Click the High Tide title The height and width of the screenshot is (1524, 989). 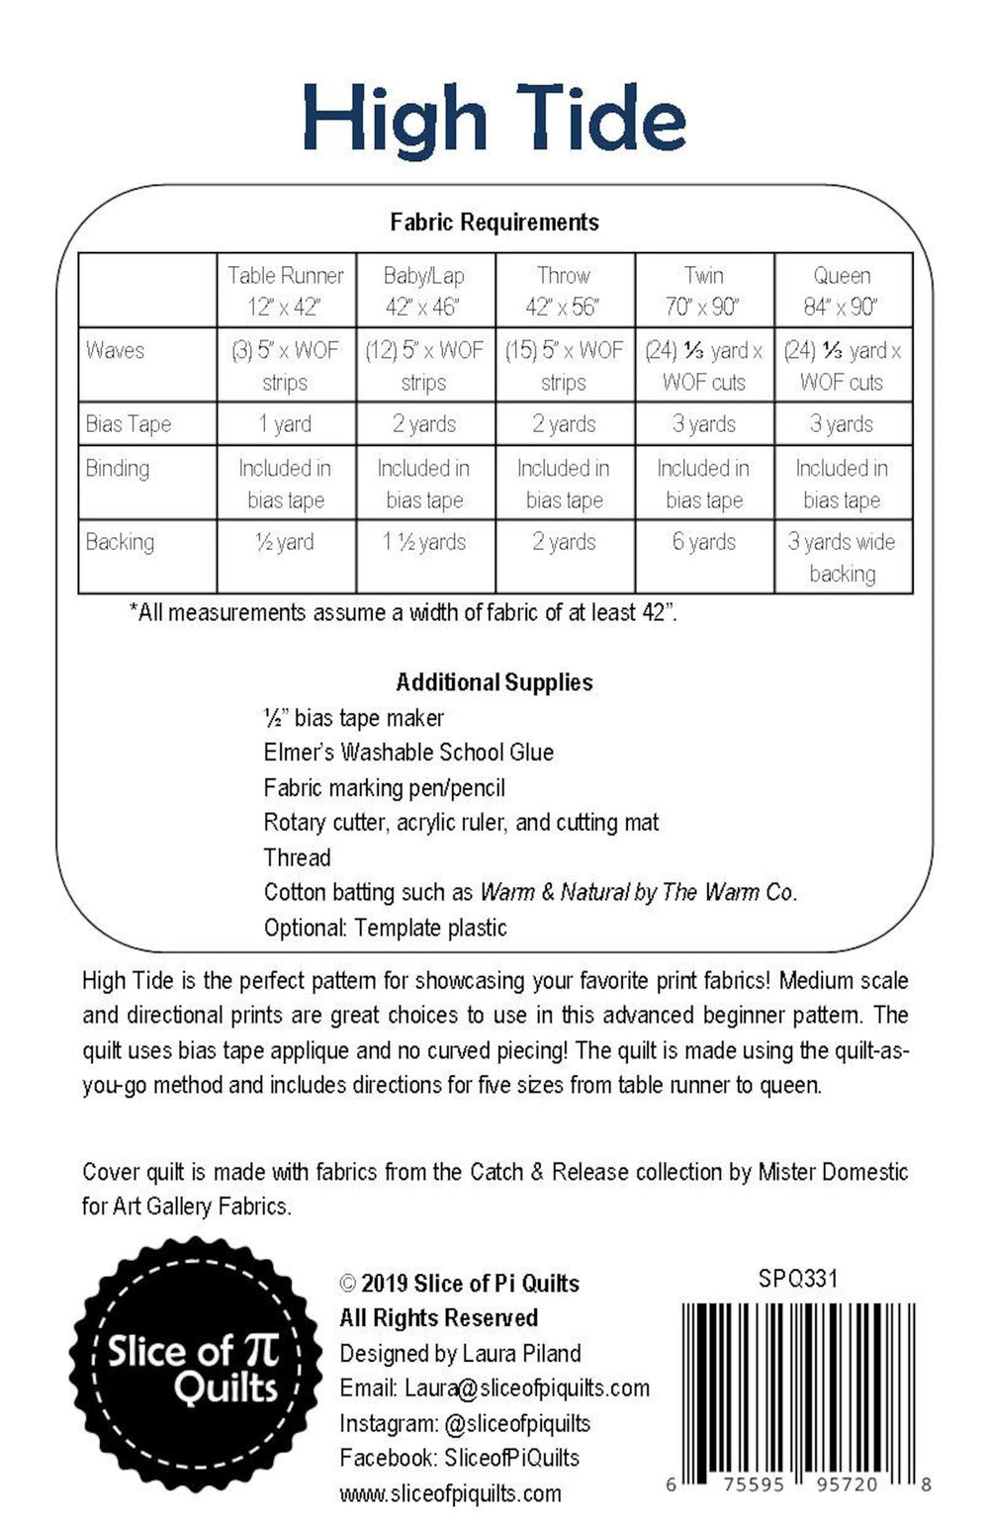[x=494, y=119]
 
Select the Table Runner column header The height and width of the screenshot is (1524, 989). [x=286, y=291]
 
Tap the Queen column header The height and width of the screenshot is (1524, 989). [x=842, y=291]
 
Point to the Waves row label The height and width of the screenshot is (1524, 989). [x=116, y=350]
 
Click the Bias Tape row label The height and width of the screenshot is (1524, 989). [x=129, y=424]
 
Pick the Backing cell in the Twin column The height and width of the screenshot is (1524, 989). [x=704, y=542]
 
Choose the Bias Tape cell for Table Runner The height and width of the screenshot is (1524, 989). [x=286, y=424]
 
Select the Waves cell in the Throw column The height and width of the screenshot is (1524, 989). [x=564, y=365]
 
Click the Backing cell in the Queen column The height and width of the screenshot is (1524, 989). [x=842, y=557]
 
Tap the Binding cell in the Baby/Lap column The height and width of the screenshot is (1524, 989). [x=424, y=484]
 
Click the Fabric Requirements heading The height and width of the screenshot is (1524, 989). [x=494, y=223]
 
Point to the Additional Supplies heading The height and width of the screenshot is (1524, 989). [x=494, y=682]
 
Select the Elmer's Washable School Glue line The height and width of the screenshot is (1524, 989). [x=408, y=753]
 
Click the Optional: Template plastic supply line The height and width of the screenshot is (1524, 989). [x=385, y=928]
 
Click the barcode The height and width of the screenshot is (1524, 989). [x=799, y=1385]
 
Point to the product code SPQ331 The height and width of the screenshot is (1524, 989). [x=798, y=1279]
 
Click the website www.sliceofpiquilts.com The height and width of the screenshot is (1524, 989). [x=450, y=1493]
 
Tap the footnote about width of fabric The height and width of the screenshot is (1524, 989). [x=404, y=612]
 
